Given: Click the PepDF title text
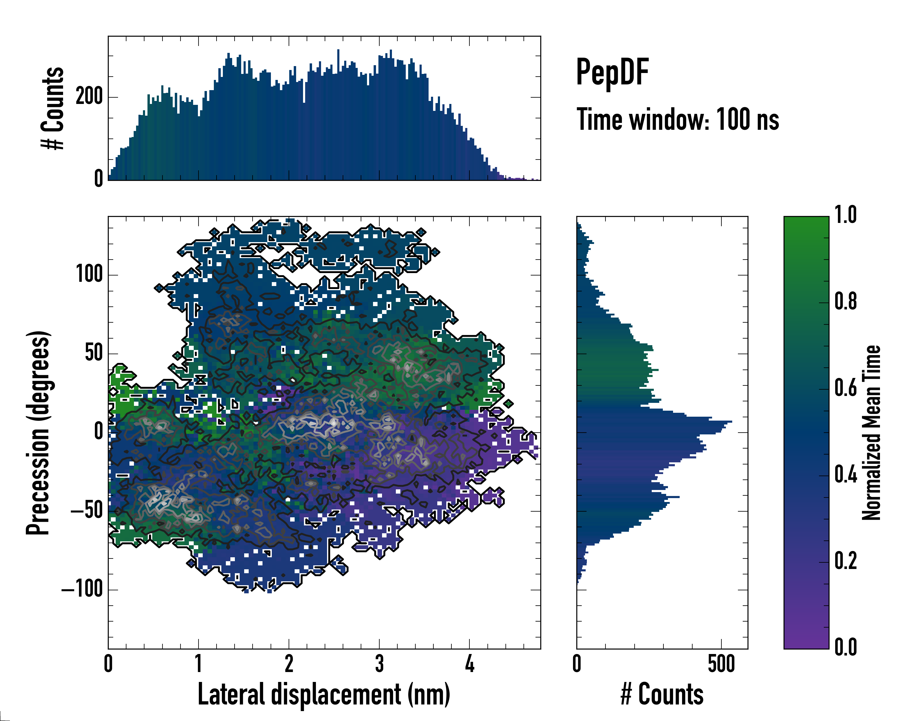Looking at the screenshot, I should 612,72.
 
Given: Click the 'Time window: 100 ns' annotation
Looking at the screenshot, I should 678,120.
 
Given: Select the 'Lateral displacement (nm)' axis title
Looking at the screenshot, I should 323,694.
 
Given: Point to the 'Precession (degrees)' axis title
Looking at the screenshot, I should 38,432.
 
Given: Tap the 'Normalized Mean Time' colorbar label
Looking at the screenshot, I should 871,432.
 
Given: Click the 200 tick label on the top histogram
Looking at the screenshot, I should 89,97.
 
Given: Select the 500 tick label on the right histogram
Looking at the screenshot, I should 721,664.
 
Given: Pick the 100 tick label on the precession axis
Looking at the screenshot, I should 89,275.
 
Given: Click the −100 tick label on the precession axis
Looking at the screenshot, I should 82,589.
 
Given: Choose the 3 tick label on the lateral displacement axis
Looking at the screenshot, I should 379,664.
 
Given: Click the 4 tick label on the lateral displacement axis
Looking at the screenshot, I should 469,664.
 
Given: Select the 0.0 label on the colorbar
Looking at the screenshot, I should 845,647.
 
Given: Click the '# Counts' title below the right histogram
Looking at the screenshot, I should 662,694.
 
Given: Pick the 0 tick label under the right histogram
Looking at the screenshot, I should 577,664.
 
